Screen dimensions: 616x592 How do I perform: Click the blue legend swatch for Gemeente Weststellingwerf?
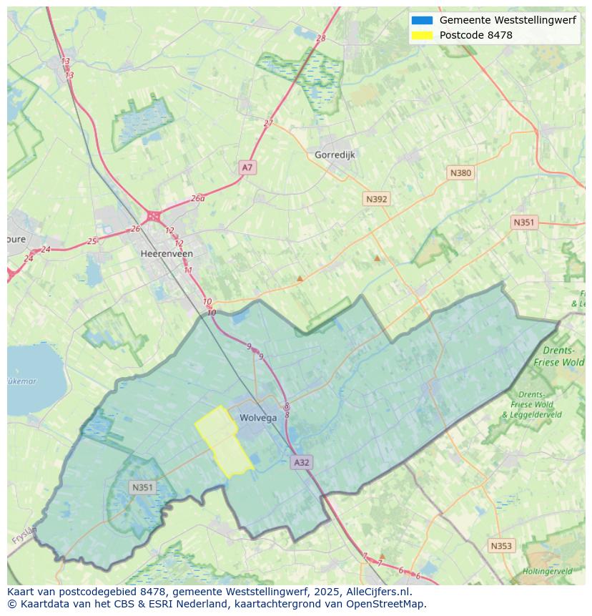point(422,21)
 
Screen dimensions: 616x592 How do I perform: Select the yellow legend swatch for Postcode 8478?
point(422,35)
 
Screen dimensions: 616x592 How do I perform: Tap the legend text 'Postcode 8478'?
point(475,35)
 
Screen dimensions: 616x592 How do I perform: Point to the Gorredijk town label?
point(335,155)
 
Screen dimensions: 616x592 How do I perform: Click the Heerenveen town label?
point(167,254)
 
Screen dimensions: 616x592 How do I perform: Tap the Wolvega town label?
point(258,419)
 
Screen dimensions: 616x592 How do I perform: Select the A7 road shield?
point(247,167)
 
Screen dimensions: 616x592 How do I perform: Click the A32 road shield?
point(302,462)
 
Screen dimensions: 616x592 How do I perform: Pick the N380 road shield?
point(460,172)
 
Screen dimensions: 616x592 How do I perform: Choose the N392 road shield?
point(376,199)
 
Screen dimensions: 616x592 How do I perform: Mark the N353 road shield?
point(501,546)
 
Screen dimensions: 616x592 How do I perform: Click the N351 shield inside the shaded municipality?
point(142,487)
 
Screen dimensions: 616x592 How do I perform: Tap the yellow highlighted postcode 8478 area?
point(223,442)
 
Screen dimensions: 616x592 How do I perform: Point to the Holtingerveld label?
point(547,572)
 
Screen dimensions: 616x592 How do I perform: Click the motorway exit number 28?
point(320,39)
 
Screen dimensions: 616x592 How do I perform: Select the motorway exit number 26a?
point(197,199)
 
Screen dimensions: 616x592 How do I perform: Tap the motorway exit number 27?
point(268,123)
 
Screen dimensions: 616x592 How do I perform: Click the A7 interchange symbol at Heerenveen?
point(153,215)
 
